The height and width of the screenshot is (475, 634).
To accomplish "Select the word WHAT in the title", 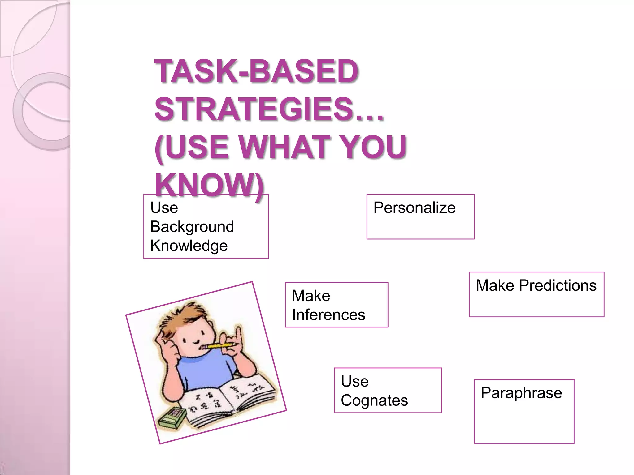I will [289, 147].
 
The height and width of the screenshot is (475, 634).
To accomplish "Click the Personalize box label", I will [414, 208].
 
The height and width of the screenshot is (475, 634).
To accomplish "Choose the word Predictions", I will [558, 285].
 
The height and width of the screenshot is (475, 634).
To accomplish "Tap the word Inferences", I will [328, 315].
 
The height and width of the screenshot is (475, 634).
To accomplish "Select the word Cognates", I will [374, 400].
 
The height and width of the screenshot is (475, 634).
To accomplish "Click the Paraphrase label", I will [521, 393].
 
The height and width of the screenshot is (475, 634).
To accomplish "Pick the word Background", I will [192, 227].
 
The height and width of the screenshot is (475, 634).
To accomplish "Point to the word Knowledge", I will [189, 246].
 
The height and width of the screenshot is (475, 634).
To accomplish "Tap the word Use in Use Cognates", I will [354, 381].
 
